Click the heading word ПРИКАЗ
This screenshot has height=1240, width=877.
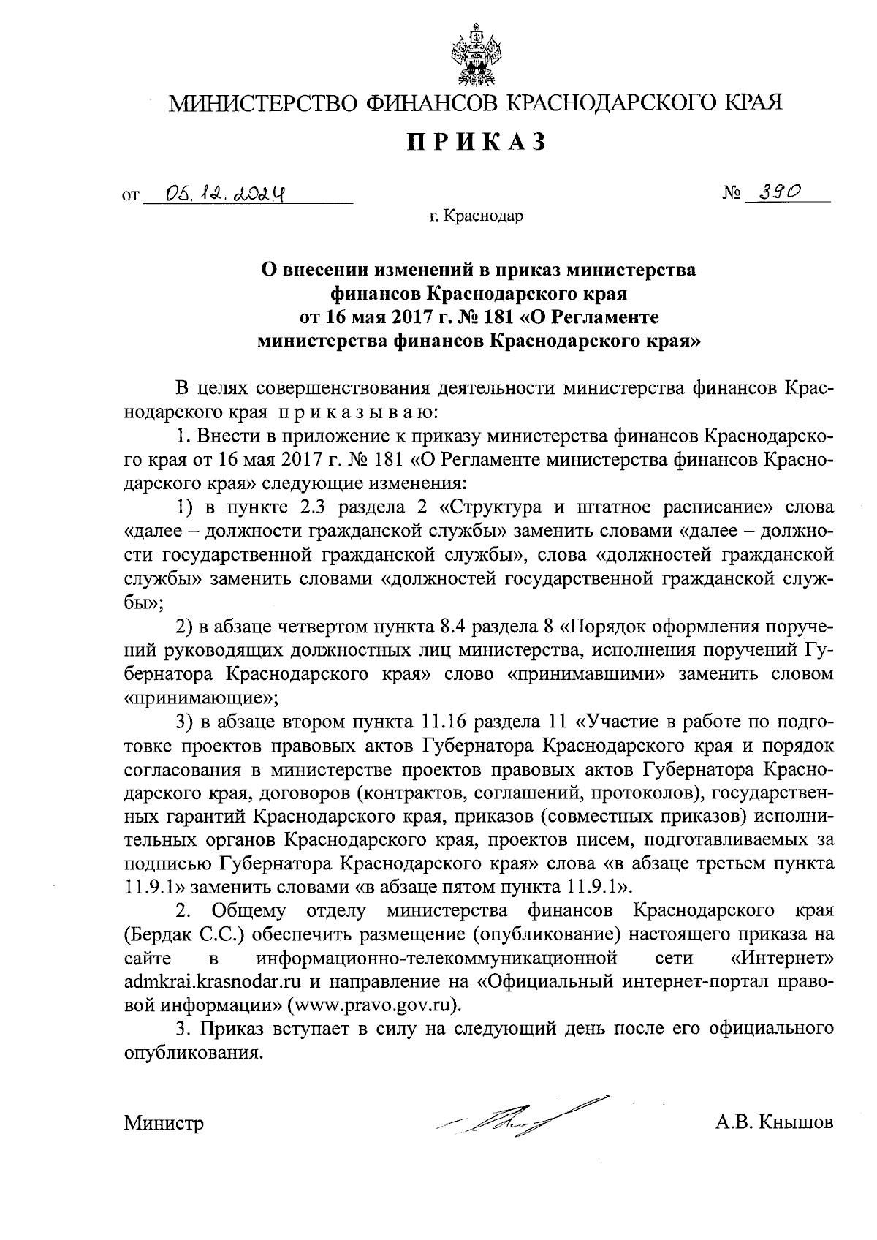477,142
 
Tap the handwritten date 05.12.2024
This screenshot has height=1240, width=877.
225,193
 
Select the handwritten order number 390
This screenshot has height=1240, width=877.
776,192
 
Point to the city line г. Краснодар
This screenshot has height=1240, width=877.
477,216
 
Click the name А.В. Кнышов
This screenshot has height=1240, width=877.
775,1122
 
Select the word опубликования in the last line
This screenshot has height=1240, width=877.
192,1053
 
